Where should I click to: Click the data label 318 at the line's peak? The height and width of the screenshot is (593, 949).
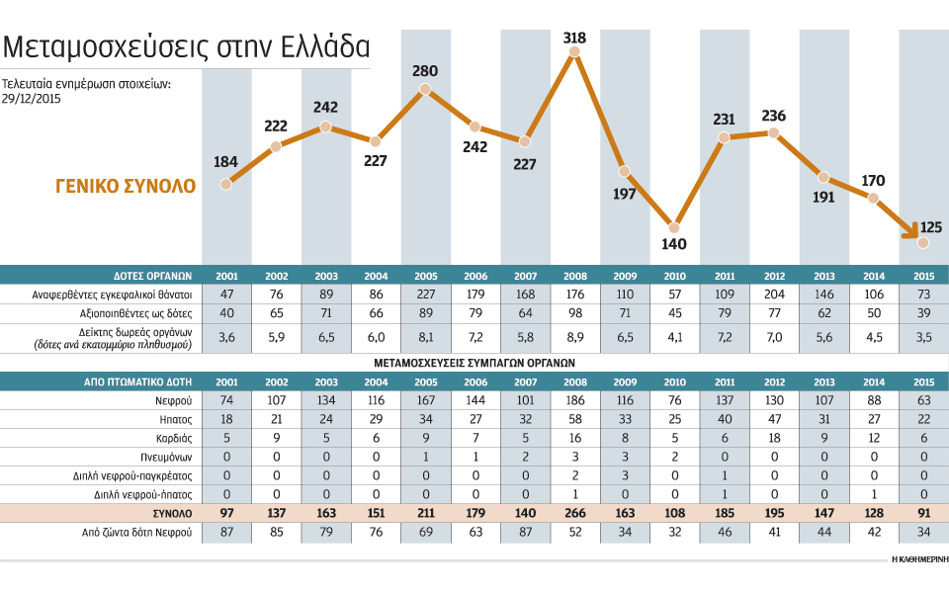click(x=574, y=39)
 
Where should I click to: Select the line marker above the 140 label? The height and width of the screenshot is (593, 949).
click(x=674, y=225)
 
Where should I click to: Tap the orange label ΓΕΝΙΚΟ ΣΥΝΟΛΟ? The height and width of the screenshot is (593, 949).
click(x=126, y=186)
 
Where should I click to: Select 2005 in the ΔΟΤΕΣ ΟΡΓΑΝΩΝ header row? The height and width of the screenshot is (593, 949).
click(x=425, y=275)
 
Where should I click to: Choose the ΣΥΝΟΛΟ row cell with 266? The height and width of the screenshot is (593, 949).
click(x=574, y=513)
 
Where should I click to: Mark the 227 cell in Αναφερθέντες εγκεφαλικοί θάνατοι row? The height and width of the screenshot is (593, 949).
click(x=425, y=294)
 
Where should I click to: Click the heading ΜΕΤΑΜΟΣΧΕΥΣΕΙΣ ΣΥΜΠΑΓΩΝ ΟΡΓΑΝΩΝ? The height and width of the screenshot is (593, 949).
click(x=474, y=362)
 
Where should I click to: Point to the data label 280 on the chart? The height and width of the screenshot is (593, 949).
click(x=425, y=71)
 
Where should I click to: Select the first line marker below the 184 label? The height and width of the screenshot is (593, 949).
click(x=226, y=183)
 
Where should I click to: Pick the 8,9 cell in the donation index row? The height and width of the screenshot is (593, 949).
click(x=574, y=337)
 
